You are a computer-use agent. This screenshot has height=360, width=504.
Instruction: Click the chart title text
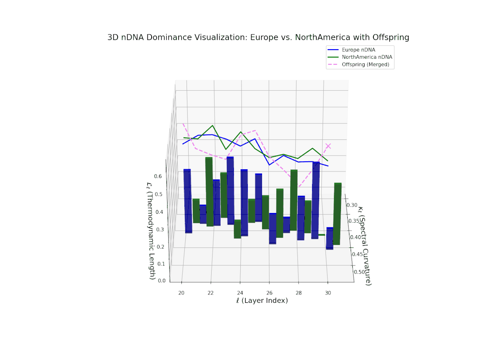[x=258, y=37]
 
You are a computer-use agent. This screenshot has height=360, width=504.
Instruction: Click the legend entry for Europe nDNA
[x=358, y=50]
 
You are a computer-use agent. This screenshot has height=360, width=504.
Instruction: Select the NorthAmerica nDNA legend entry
[x=367, y=57]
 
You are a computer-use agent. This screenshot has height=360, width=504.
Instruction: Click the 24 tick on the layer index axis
[x=240, y=292]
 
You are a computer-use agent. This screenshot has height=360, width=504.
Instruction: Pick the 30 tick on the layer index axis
[x=328, y=292]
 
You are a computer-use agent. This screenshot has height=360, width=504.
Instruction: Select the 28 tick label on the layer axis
[x=298, y=292]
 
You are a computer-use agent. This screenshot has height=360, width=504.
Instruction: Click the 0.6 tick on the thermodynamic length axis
[x=158, y=176]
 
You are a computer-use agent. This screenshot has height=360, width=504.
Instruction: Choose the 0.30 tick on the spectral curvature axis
[x=352, y=205]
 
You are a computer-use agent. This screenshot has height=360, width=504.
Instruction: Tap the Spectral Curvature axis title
[x=364, y=245]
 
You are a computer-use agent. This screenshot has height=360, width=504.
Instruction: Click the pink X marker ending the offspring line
[x=328, y=146]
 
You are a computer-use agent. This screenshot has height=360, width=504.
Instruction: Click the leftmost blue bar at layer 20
[x=188, y=201]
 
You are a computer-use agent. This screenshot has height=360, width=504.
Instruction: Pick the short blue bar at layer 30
[x=330, y=238]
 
